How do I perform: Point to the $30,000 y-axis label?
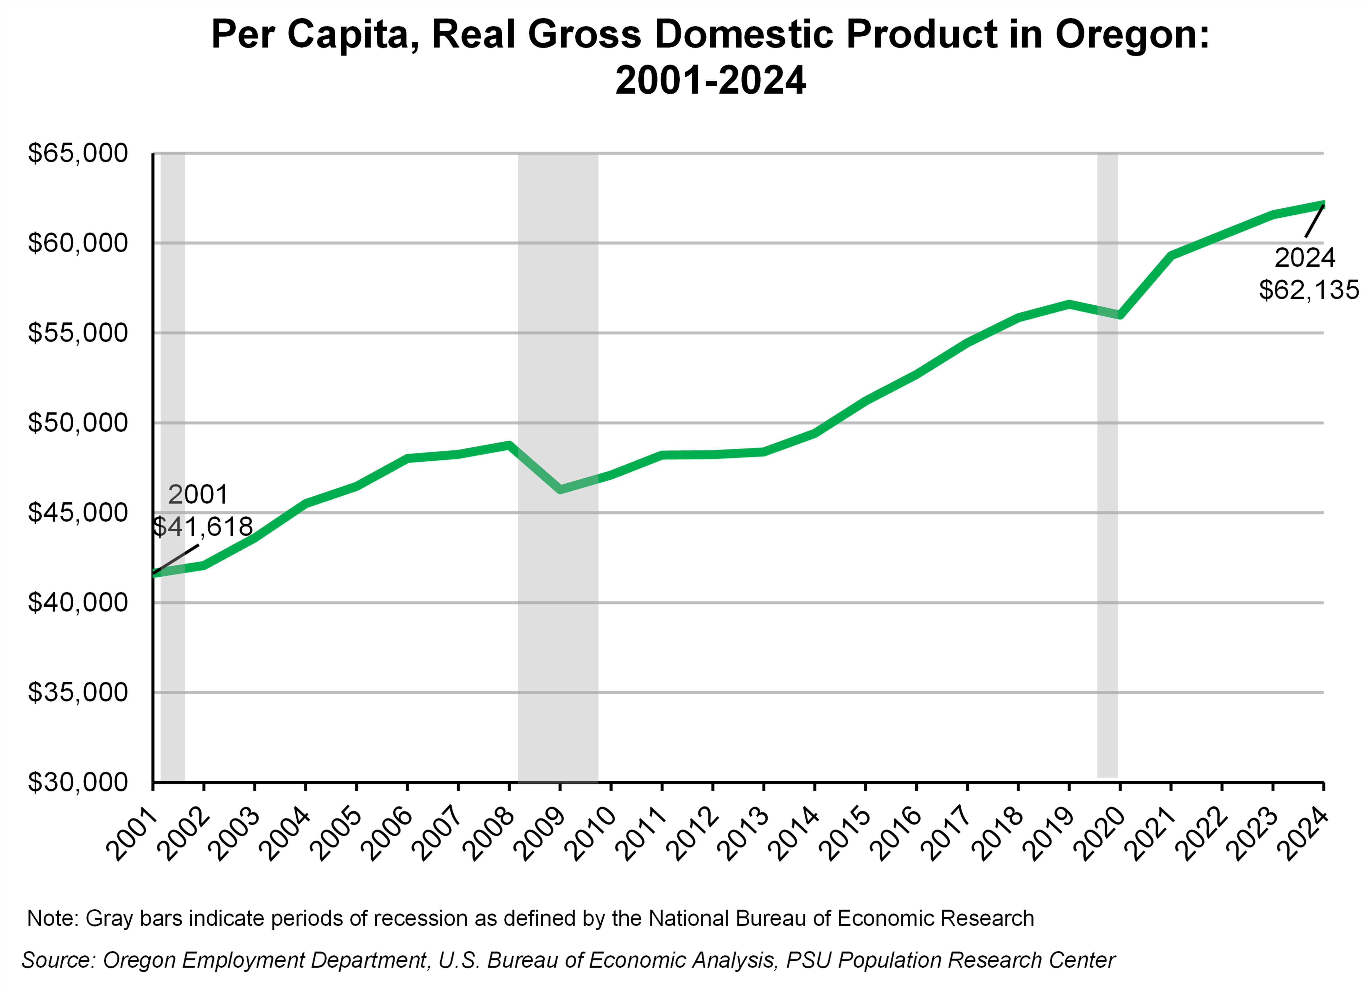coord(78,782)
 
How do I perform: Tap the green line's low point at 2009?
coord(561,489)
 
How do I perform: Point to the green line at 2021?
coord(1171,255)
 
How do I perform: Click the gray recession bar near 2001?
coord(173,664)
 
